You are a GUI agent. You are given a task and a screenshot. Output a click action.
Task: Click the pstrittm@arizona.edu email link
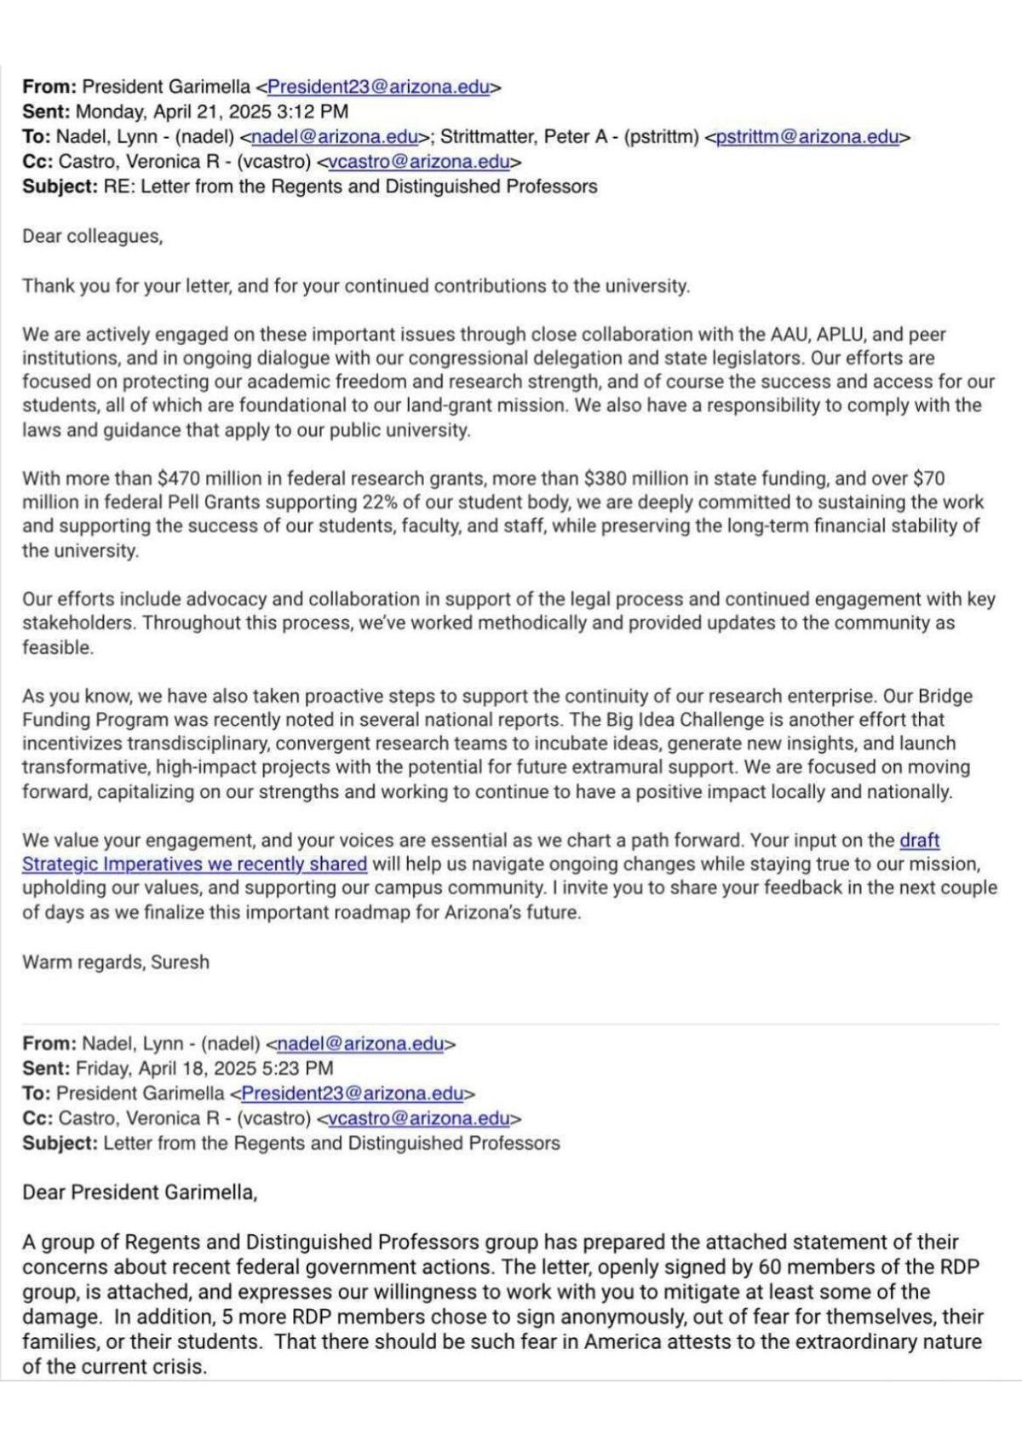click(807, 136)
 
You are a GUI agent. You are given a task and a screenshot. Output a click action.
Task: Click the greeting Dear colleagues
click(92, 236)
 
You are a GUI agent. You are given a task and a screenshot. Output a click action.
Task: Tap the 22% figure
click(380, 502)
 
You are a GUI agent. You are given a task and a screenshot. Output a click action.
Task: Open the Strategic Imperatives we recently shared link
click(194, 864)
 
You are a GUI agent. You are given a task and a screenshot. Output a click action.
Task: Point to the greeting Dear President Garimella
click(140, 1191)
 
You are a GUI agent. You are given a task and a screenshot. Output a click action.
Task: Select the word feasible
click(57, 647)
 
